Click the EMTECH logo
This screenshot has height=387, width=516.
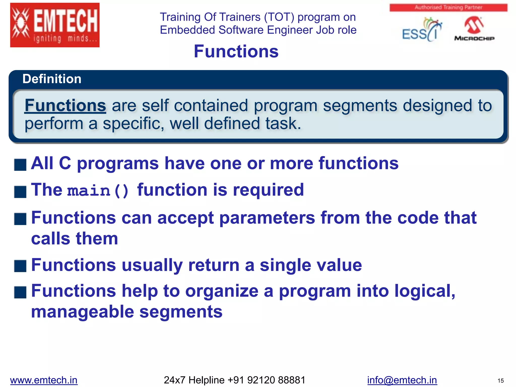click(x=55, y=25)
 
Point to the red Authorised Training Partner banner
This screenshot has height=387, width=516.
click(x=448, y=7)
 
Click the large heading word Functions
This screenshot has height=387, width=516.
click(x=236, y=51)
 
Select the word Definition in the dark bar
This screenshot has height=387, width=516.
click(x=52, y=79)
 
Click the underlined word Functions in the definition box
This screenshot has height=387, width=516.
click(x=65, y=105)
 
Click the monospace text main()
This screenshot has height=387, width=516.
click(x=98, y=191)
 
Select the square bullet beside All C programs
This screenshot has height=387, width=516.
click(x=20, y=165)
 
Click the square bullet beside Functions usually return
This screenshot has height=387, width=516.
click(x=20, y=266)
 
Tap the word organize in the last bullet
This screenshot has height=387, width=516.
click(x=222, y=291)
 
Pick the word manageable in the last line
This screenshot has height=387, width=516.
click(x=82, y=312)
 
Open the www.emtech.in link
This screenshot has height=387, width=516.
click(x=44, y=380)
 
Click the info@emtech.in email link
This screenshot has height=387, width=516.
click(x=402, y=380)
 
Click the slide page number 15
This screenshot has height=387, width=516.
click(x=500, y=381)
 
